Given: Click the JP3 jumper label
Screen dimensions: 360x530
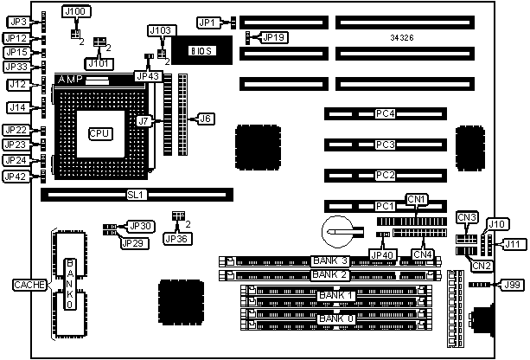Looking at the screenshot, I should (x=16, y=20).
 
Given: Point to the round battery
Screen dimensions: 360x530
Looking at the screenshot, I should (x=334, y=230).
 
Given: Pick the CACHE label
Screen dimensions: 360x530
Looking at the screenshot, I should (x=25, y=284).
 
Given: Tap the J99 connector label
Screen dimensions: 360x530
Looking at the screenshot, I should (x=512, y=284).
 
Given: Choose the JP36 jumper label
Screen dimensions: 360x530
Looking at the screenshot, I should (x=176, y=238).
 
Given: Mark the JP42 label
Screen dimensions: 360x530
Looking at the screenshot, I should (x=16, y=177).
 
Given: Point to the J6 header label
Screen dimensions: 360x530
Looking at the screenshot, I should (x=205, y=118).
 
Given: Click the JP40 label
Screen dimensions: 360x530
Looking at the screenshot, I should (x=381, y=254).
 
